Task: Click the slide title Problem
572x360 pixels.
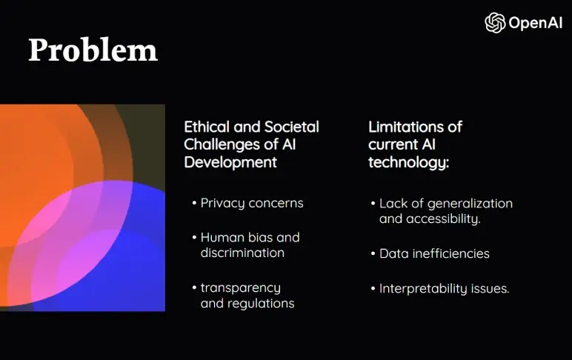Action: pyautogui.click(x=93, y=50)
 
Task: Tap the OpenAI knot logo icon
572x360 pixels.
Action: pyautogui.click(x=495, y=23)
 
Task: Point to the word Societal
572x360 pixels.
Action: pyautogui.click(x=292, y=127)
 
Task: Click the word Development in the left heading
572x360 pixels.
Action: pyautogui.click(x=230, y=162)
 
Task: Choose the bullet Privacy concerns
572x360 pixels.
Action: pyautogui.click(x=252, y=203)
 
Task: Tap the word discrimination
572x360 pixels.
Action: pyautogui.click(x=242, y=253)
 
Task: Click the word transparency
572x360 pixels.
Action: pyautogui.click(x=240, y=287)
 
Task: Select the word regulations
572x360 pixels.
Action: pyautogui.click(x=247, y=303)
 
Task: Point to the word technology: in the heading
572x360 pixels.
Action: pyautogui.click(x=408, y=162)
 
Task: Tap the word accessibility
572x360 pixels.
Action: pyautogui.click(x=443, y=219)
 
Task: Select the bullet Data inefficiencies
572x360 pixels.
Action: pyautogui.click(x=434, y=253)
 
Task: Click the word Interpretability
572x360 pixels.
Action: pyautogui.click(x=423, y=288)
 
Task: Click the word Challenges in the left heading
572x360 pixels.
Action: pyautogui.click(x=221, y=144)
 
